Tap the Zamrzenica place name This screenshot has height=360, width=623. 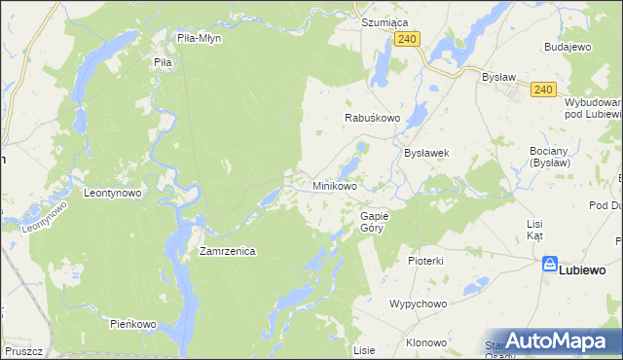pyautogui.click(x=227, y=251)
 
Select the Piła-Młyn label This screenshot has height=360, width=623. pyautogui.click(x=200, y=38)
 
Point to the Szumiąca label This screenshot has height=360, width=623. pyautogui.click(x=385, y=21)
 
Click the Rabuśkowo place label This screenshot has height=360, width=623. pyautogui.click(x=374, y=118)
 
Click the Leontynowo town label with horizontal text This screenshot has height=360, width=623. pyautogui.click(x=113, y=193)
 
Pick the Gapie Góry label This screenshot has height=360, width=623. pyautogui.click(x=375, y=222)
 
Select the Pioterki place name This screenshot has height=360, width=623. pyautogui.click(x=425, y=261)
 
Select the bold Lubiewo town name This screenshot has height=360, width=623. pyautogui.click(x=583, y=270)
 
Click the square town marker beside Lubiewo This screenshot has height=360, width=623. pyautogui.click(x=550, y=264)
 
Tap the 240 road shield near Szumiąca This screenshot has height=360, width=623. pyautogui.click(x=408, y=38)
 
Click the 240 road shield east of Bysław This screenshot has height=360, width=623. pyautogui.click(x=543, y=90)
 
